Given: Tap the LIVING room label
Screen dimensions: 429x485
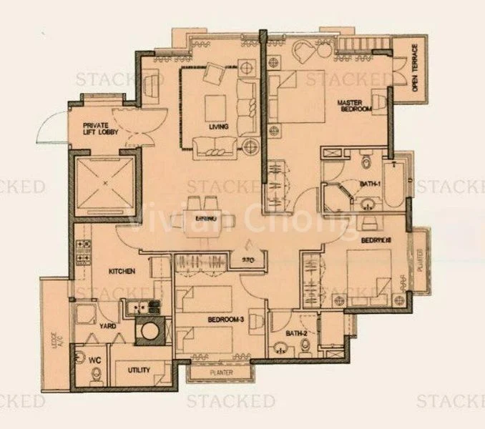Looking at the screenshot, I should point(219,127).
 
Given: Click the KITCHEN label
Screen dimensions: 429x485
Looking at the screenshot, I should point(122,272).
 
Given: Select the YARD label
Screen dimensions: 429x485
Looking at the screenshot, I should point(109,327).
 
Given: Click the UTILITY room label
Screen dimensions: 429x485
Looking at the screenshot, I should point(138,371).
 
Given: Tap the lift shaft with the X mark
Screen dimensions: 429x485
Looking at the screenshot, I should point(105,183).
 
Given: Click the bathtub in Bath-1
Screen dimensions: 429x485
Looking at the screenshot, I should point(393,184).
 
